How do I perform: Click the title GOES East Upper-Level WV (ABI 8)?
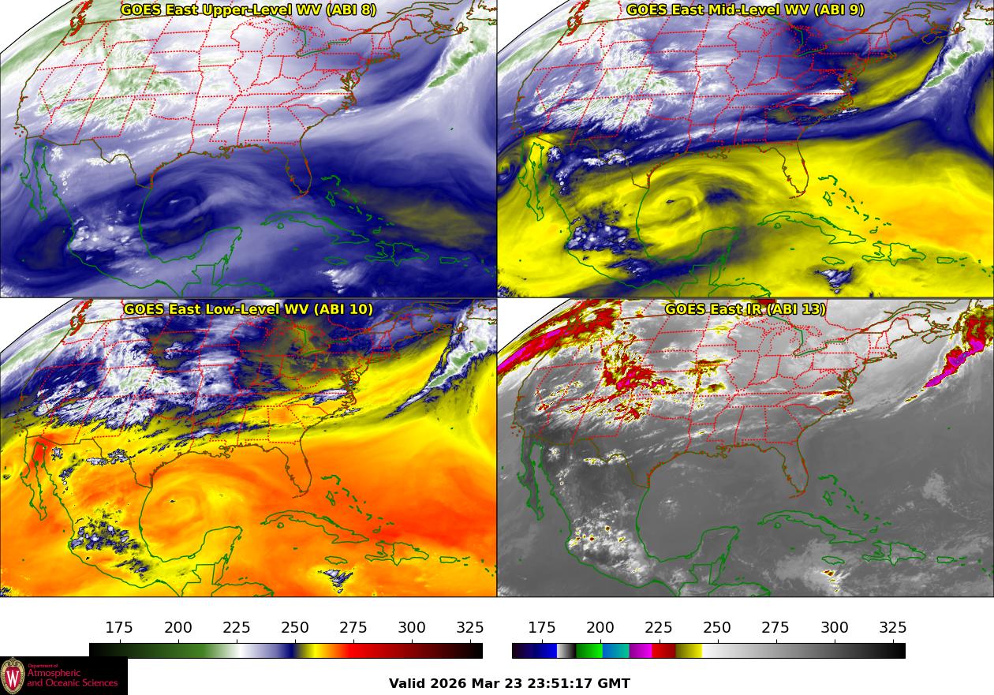click(248, 10)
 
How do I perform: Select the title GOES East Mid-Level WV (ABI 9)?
click(745, 10)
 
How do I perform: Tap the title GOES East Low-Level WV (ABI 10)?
click(248, 309)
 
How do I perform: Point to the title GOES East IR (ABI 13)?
click(745, 309)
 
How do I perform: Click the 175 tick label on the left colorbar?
click(119, 628)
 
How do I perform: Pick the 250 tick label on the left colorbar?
click(295, 628)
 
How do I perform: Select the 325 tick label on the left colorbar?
click(470, 628)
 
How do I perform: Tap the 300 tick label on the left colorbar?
click(412, 628)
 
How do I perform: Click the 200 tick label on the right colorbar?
click(600, 628)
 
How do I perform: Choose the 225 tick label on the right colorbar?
click(659, 628)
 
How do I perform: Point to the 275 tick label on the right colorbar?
click(775, 628)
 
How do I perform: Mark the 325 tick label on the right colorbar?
click(892, 628)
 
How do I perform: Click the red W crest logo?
click(13, 676)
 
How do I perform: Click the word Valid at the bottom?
click(407, 684)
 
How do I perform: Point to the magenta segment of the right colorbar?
click(641, 651)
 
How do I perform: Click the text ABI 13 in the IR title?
click(796, 309)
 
